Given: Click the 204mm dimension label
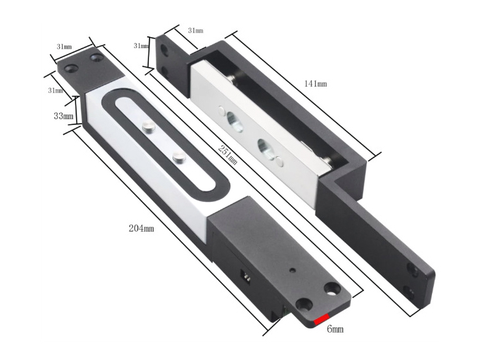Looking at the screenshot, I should click(x=141, y=228).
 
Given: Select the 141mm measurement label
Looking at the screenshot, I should click(x=316, y=84).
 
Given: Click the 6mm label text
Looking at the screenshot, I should click(x=334, y=329).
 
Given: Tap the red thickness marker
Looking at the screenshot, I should click(x=322, y=319).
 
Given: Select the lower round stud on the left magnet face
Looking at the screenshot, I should click(x=177, y=156).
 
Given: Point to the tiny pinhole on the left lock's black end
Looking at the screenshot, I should click(x=292, y=270).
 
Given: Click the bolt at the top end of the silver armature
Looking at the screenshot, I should click(x=232, y=79).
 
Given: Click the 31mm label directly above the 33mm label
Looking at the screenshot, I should click(x=56, y=90).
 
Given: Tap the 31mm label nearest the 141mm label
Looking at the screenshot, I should click(x=195, y=31).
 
